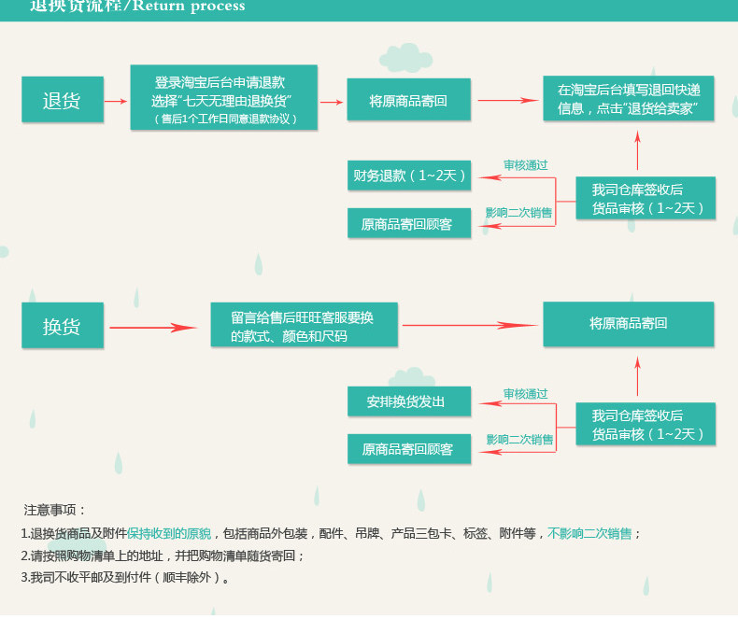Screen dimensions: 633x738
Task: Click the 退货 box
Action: click(x=62, y=100)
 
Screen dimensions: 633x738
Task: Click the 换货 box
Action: click(x=62, y=326)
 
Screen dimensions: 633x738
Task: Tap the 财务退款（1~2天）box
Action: click(x=409, y=175)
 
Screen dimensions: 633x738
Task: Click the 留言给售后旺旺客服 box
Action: click(x=305, y=326)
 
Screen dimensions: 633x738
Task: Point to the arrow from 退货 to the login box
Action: click(x=115, y=101)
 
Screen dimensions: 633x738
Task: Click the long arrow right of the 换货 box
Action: click(x=153, y=327)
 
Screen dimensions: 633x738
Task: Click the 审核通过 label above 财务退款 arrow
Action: click(x=525, y=165)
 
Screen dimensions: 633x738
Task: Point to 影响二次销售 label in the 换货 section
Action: click(x=519, y=439)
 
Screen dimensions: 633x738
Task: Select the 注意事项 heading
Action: click(x=54, y=510)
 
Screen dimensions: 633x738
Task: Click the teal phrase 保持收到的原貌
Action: click(x=169, y=533)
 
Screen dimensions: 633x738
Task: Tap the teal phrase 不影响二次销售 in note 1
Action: click(x=589, y=533)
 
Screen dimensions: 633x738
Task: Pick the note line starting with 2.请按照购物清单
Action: click(x=163, y=556)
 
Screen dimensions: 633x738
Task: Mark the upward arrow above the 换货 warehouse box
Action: click(x=638, y=379)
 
